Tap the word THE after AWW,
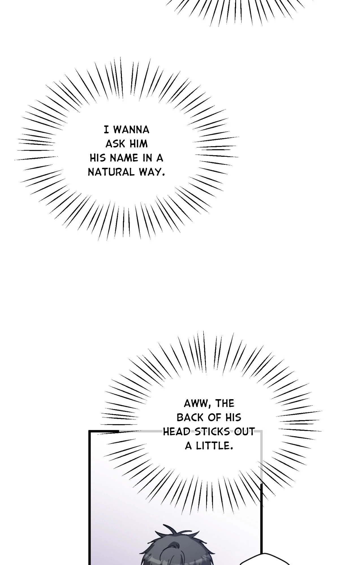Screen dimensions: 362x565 [x=225, y=403]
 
